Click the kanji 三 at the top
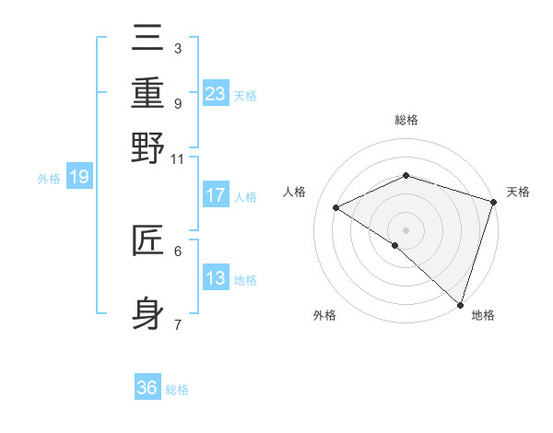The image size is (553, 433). pyautogui.click(x=147, y=39)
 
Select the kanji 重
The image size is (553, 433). pyautogui.click(x=147, y=93)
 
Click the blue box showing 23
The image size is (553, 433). pyautogui.click(x=216, y=94)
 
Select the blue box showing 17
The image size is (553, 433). pyautogui.click(x=216, y=195)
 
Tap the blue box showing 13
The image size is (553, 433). pyautogui.click(x=216, y=278)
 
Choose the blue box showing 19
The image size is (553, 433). pyautogui.click(x=79, y=177)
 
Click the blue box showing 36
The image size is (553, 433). pyautogui.click(x=147, y=388)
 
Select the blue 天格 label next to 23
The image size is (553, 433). pyautogui.click(x=245, y=95)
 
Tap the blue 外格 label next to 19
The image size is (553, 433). pyautogui.click(x=48, y=178)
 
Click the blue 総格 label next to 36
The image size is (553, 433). pyautogui.click(x=177, y=390)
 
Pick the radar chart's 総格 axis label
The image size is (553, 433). pyautogui.click(x=406, y=120)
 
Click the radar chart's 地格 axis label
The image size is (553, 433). pyautogui.click(x=483, y=315)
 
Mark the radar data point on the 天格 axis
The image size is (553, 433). pyautogui.click(x=493, y=202)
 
